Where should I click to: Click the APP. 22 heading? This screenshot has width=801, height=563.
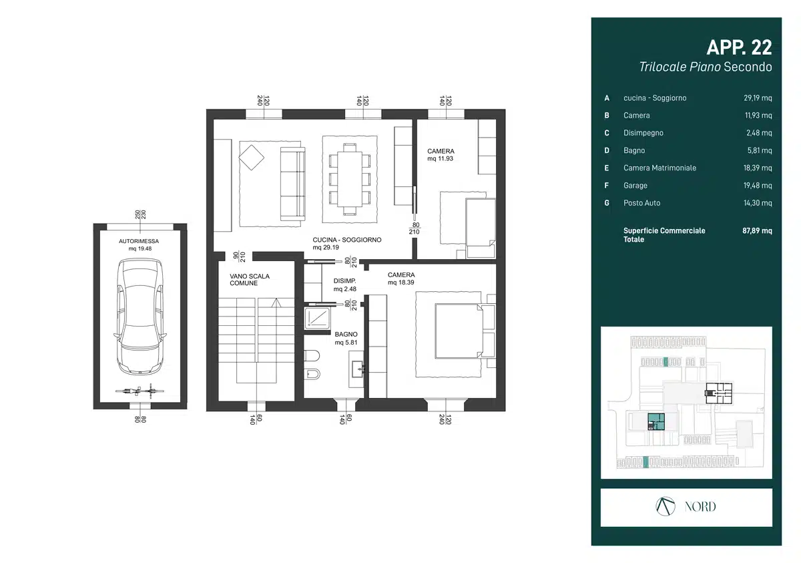739,47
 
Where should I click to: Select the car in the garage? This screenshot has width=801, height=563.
140,317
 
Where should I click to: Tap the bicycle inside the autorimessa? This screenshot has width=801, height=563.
140,391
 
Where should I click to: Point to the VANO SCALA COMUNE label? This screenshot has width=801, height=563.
250,280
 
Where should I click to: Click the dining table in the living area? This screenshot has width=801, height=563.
350,179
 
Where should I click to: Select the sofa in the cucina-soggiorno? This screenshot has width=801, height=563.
293,183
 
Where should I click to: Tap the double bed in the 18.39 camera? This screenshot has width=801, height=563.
459,331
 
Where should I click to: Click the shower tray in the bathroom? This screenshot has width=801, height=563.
317,318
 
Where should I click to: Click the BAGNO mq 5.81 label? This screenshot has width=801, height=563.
346,339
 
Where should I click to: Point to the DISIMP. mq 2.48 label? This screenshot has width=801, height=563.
344,285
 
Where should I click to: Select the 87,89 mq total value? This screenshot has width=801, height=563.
757,230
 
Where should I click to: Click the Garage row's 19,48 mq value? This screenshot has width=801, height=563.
758,185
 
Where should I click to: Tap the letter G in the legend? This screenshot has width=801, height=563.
607,203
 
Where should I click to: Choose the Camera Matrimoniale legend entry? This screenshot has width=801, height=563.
659,168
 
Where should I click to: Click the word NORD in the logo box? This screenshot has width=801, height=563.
700,507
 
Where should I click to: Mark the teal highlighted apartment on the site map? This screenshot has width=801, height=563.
656,421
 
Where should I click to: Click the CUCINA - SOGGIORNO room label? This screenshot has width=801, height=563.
347,240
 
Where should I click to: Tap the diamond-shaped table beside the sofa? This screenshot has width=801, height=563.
252,158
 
